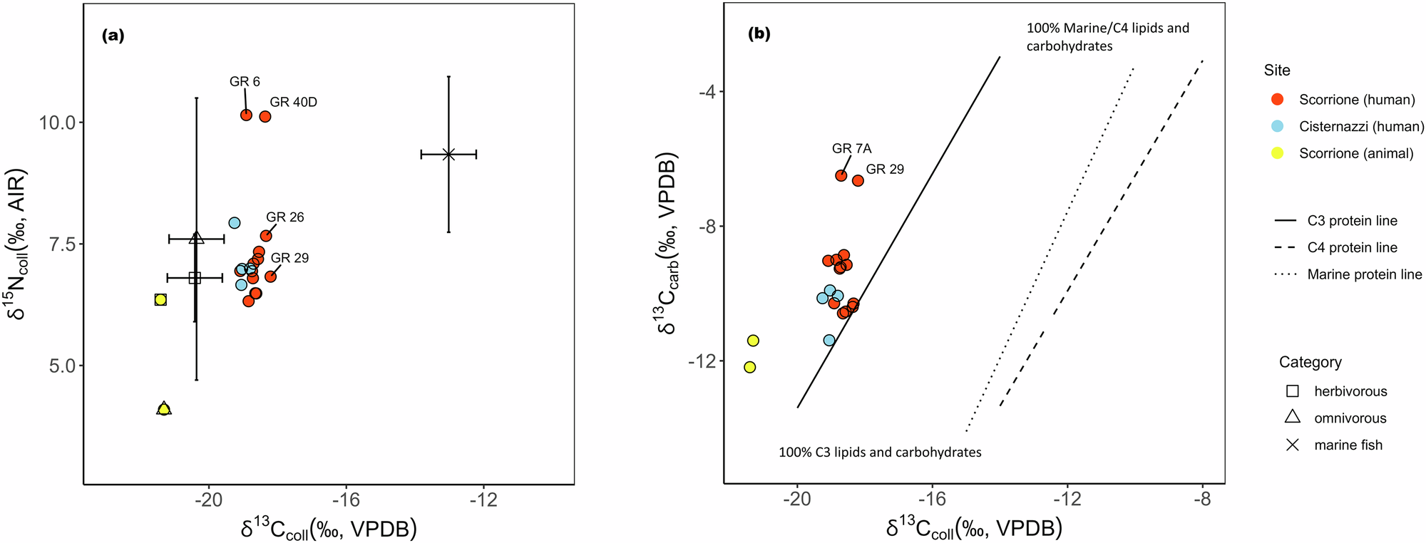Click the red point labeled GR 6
pyautogui.click(x=246, y=115)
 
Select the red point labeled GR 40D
pyautogui.click(x=265, y=116)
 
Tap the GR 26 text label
pyautogui.click(x=284, y=217)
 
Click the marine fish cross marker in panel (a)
pyautogui.click(x=448, y=154)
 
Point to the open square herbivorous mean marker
pyautogui.click(x=195, y=278)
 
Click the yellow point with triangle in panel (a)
pyautogui.click(x=164, y=409)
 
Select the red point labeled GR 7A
pyautogui.click(x=841, y=175)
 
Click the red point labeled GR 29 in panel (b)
pyautogui.click(x=858, y=181)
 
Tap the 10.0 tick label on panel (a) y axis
pyautogui.click(x=56, y=123)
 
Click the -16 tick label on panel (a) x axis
pyautogui.click(x=345, y=500)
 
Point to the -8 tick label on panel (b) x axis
pyautogui.click(x=1202, y=500)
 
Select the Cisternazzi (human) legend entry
pyautogui.click(x=1361, y=126)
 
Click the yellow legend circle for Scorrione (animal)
pyautogui.click(x=1277, y=153)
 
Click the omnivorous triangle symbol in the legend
pyautogui.click(x=1292, y=418)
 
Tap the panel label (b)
pyautogui.click(x=759, y=33)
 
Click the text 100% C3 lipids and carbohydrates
pyautogui.click(x=880, y=452)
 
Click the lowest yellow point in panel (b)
pyautogui.click(x=749, y=367)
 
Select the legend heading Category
pyautogui.click(x=1310, y=362)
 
